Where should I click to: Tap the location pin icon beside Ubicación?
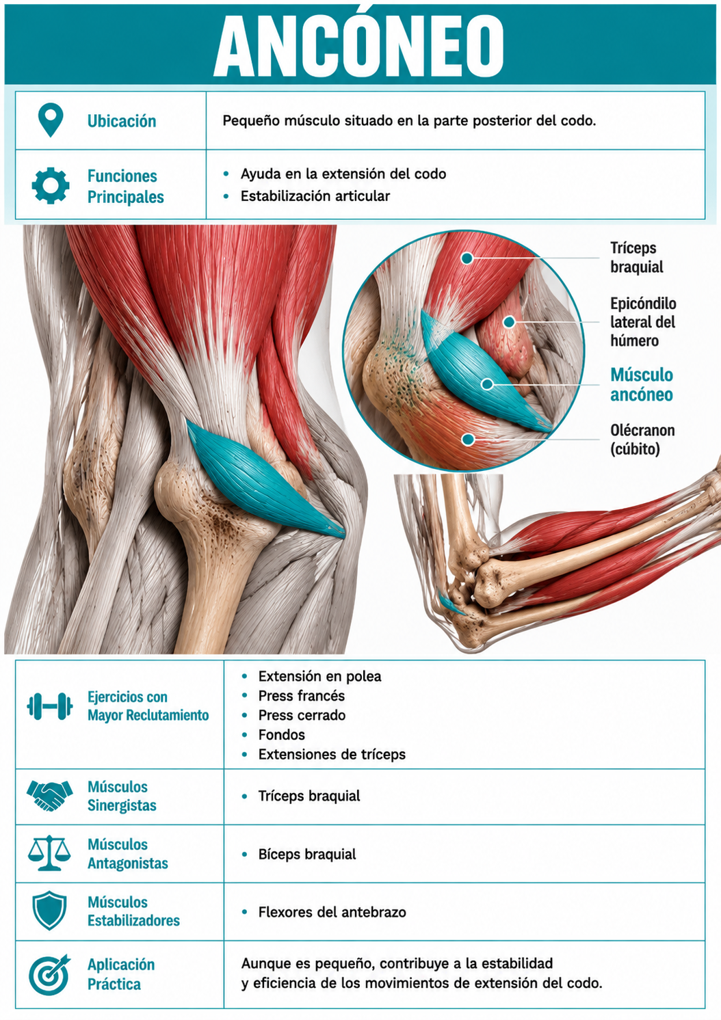coord(51,120)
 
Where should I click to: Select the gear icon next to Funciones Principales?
coord(51,185)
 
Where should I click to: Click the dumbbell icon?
coord(50,706)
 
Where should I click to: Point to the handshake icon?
coord(50,796)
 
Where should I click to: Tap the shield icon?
coord(50,911)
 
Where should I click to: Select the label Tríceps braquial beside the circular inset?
coord(637,257)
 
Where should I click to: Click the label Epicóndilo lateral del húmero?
coord(643,322)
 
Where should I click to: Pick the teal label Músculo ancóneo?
coord(642,384)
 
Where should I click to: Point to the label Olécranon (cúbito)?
coord(642,440)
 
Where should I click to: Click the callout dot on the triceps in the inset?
coord(467,258)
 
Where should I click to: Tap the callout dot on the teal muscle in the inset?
coord(487,384)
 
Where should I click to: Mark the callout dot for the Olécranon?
coord(468,440)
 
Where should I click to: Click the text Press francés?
coord(301,696)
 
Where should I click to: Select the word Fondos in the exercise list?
coord(282,734)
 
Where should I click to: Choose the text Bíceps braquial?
coord(307,854)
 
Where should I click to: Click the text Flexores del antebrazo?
coord(332,912)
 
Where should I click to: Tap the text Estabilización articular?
coord(315,196)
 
